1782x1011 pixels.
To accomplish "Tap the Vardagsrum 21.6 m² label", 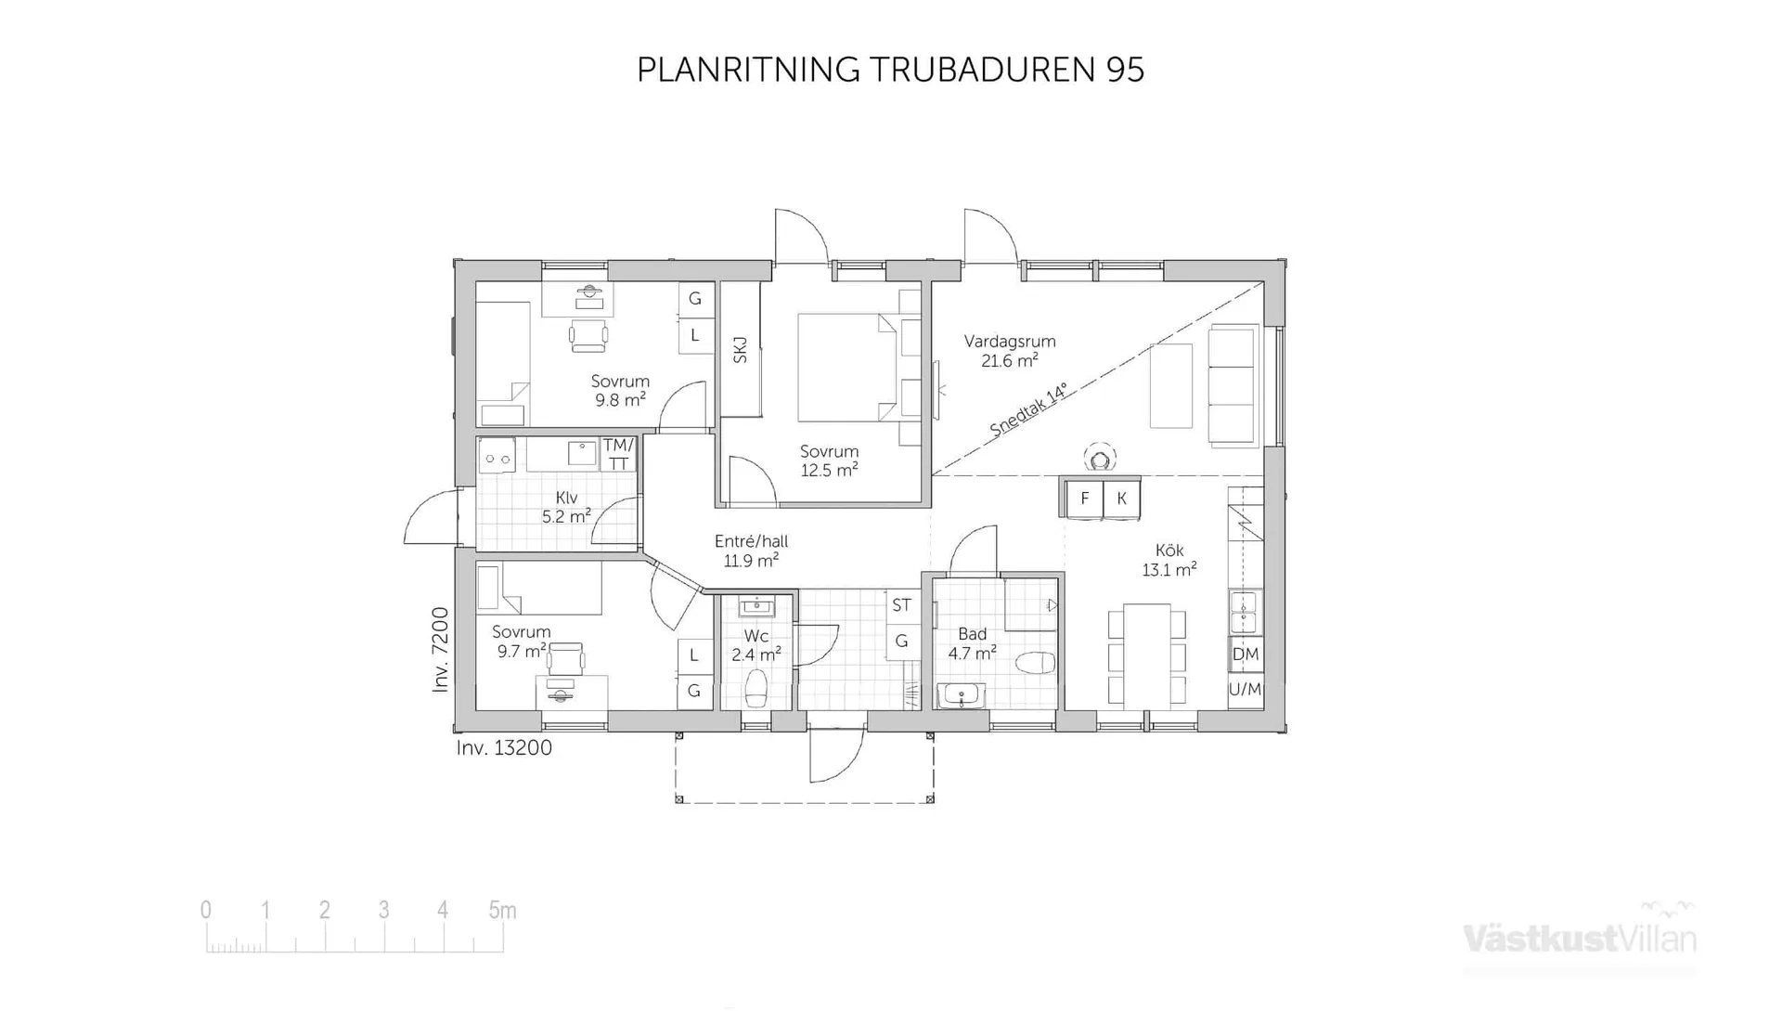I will coord(1010,351).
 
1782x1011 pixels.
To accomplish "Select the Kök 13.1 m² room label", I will coord(1169,560).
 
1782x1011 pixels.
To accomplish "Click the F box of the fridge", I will coord(1084,499).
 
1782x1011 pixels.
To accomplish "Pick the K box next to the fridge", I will coord(1121,499).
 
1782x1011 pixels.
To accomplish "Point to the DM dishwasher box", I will coord(1246,655).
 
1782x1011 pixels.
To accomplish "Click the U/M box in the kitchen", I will coord(1246,690).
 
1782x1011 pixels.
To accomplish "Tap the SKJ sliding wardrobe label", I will coord(740,350).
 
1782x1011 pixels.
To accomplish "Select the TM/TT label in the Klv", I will coord(618,454).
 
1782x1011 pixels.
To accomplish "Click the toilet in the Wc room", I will coord(756,689).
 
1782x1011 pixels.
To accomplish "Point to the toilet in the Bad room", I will coord(1035,663).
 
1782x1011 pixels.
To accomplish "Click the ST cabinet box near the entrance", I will coord(901,605).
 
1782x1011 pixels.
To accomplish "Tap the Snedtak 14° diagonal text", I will coord(1028,409).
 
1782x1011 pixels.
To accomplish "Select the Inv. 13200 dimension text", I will coord(504,748).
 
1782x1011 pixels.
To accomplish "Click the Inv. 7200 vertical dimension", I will coord(441,650).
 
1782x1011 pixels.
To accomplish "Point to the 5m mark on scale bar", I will coord(502,911).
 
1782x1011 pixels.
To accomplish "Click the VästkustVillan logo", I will coord(1580,938).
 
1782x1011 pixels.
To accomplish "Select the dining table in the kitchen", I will coord(1146,655).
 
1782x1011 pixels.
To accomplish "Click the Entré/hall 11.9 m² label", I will coord(751,551).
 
